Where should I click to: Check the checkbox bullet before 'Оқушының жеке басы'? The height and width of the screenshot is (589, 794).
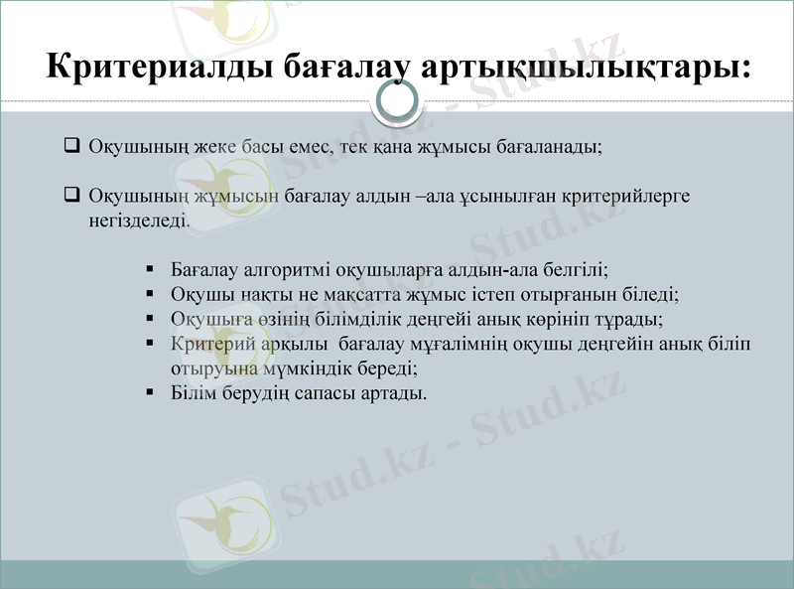70,146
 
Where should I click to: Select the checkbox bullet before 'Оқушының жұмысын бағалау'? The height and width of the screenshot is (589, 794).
70,195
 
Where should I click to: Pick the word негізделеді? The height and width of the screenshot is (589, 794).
138,219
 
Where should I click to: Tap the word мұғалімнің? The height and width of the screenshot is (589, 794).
463,344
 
